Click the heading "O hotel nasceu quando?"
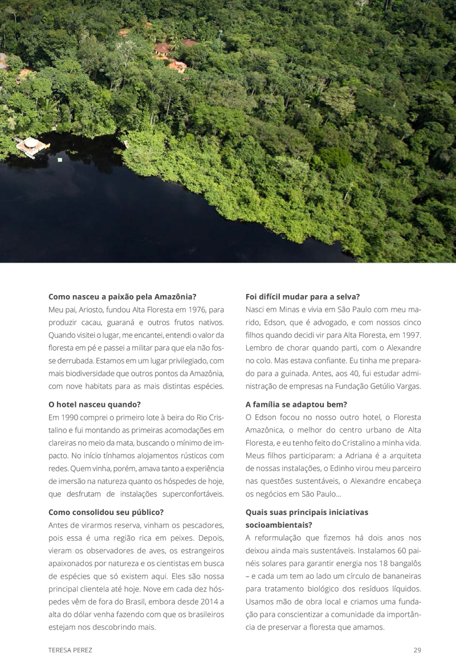[94, 405]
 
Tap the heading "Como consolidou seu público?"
[106, 512]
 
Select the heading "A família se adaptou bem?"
[296, 405]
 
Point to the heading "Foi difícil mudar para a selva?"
[302, 296]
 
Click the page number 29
[417, 649]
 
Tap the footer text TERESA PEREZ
[71, 649]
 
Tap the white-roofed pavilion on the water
[31, 145]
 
